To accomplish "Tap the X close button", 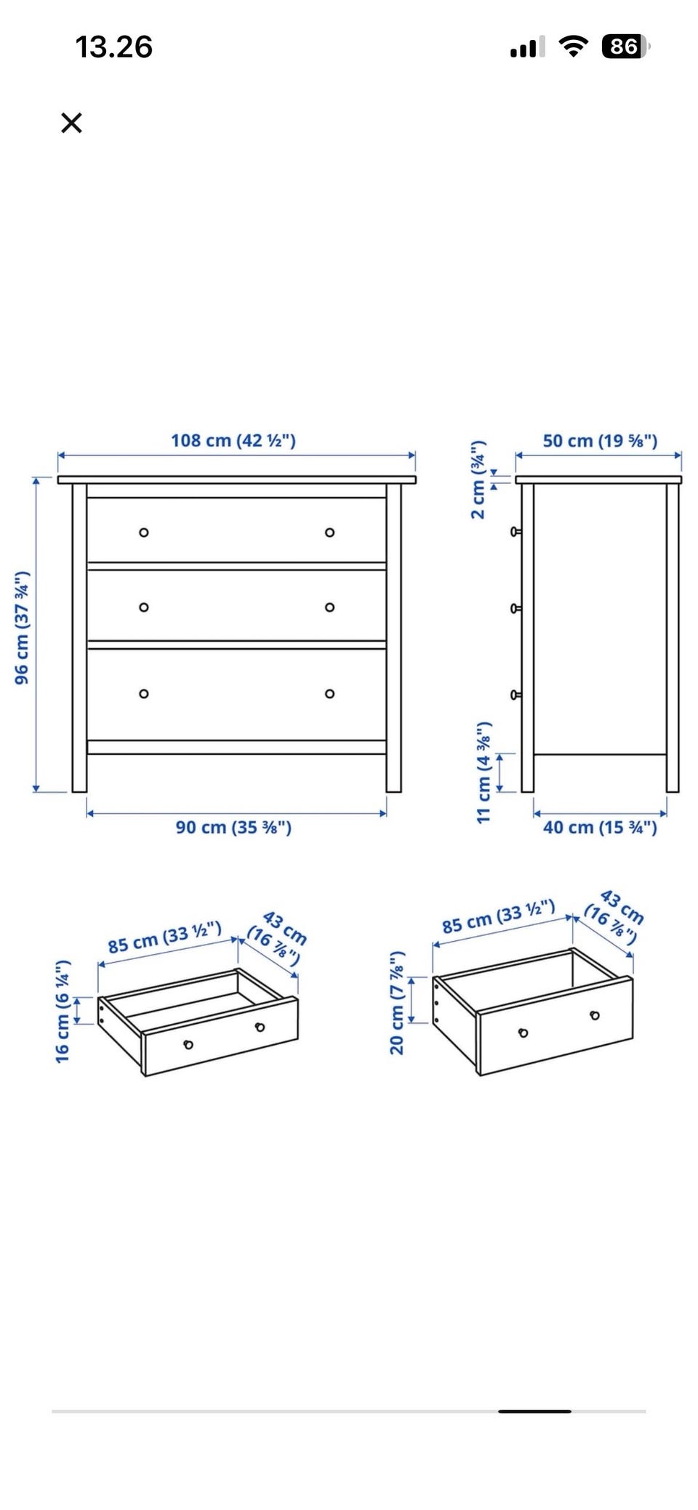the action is coord(71,123).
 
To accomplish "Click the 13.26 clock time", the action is coord(114,47).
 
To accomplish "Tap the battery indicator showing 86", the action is coord(625,47).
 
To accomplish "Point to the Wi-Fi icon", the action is coord(574,47).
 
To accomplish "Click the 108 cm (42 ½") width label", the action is coord(233,440).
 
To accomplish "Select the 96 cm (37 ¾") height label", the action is coord(22,628).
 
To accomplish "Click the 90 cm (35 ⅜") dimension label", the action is coord(233,827).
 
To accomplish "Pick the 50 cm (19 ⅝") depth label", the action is coord(600,440).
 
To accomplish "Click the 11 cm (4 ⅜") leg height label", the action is coord(484,772).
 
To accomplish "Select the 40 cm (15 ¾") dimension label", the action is coord(600,827).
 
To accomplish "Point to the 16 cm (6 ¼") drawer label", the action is coord(63,1012).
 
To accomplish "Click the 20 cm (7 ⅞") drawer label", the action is coord(396,1003).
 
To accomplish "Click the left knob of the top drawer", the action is coord(144,533).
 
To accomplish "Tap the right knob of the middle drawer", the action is coord(330,607).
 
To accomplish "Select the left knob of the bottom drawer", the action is coord(144,694).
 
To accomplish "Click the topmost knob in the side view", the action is coord(516,532).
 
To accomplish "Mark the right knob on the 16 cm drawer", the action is coord(260,1027).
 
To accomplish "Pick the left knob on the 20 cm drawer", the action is coord(523,1033).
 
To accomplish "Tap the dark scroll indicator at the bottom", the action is coord(534,1411).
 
